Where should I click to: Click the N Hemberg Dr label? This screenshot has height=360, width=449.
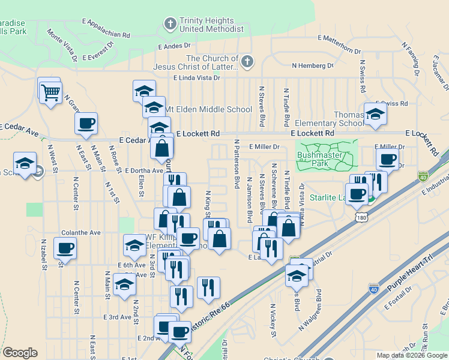coord(312,65)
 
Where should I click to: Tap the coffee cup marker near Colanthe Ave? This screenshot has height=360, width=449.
coord(65,247)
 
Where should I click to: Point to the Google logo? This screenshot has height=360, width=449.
coord(20,353)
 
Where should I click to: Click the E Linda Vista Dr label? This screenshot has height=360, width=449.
coord(197,78)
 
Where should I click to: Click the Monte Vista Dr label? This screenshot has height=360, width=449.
coord(62,45)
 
